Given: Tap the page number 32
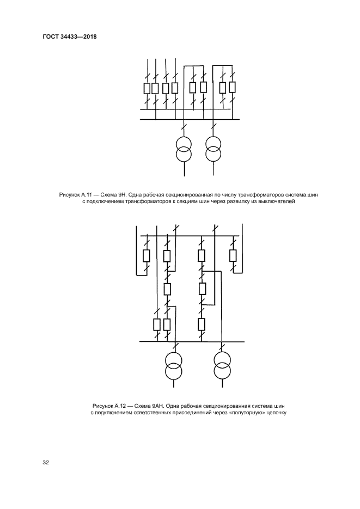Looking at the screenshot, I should pyautogui.click(x=46, y=463).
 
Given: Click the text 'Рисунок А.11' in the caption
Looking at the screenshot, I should pyautogui.click(x=76, y=194).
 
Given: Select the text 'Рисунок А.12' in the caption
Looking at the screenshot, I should pyautogui.click(x=110, y=406).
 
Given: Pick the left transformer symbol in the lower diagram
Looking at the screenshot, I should pyautogui.click(x=174, y=366).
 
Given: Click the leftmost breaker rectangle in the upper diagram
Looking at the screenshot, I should pyautogui.click(x=146, y=88).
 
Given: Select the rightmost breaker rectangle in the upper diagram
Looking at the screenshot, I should pyautogui.click(x=232, y=87).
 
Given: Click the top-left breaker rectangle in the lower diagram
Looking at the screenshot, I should pyautogui.click(x=146, y=255).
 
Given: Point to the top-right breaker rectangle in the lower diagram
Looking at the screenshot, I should pyautogui.click(x=233, y=255).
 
